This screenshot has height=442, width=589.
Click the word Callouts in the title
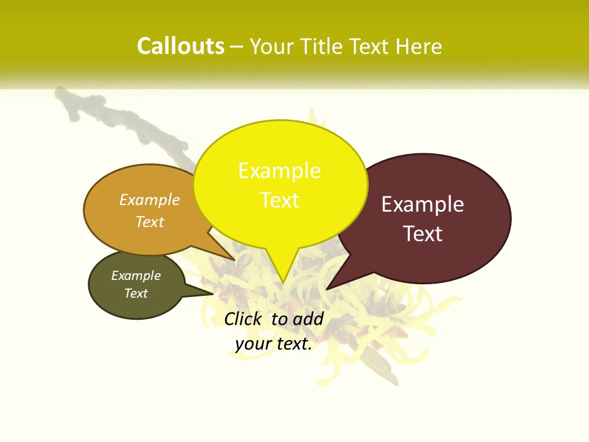[x=180, y=46]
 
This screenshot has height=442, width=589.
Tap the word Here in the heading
[x=419, y=46]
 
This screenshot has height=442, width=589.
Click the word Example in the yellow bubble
[x=279, y=170]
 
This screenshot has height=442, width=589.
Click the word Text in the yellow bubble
[x=280, y=200]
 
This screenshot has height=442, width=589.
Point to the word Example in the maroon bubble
[x=423, y=204]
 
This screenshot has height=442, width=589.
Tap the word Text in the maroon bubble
[x=423, y=234]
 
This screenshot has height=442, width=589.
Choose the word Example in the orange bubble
[x=150, y=200]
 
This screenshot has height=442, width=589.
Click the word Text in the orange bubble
[x=150, y=222]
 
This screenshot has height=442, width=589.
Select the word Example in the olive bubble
[x=136, y=276]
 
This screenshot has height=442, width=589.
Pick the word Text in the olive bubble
[x=136, y=293]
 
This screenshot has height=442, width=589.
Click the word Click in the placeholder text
[x=245, y=319]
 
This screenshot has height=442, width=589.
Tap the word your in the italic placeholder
[x=253, y=344]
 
